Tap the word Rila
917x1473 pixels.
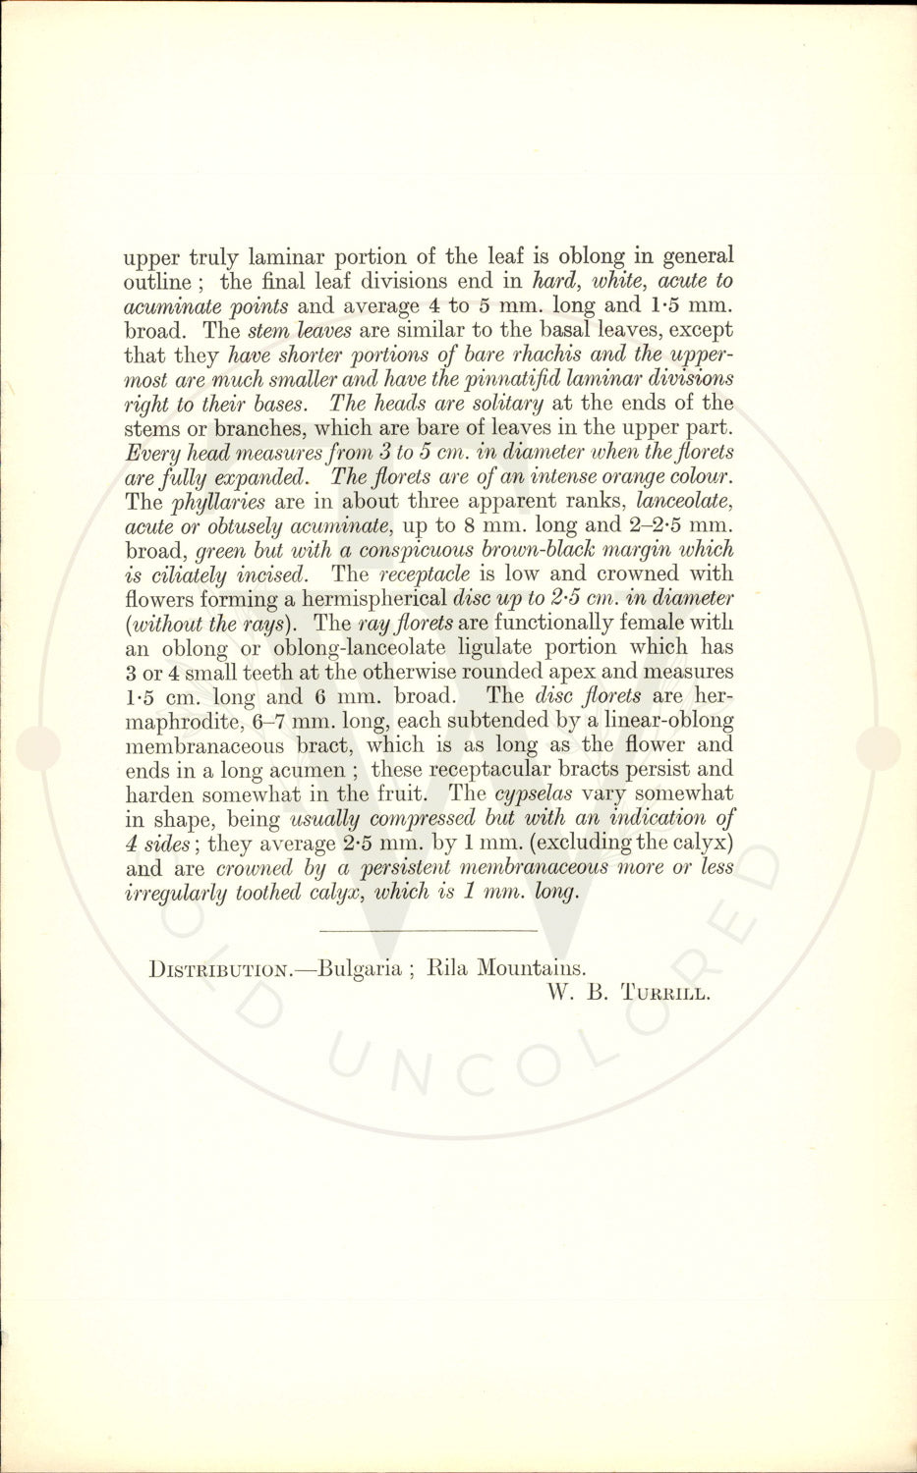coord(448,968)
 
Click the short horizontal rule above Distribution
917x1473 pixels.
coord(429,929)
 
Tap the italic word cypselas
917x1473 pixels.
coord(530,793)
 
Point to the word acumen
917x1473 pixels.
coord(309,770)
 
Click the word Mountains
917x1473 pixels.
coord(531,968)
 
